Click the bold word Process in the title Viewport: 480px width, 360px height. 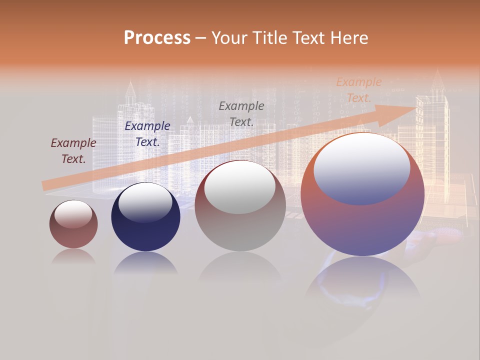pyautogui.click(x=157, y=38)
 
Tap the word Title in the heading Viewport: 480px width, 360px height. pyautogui.click(x=271, y=38)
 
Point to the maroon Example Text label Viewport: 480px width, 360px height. pyautogui.click(x=73, y=151)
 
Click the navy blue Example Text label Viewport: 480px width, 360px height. pyautogui.click(x=147, y=134)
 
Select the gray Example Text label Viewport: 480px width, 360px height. pyautogui.click(x=241, y=113)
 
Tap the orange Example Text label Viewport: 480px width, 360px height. pyautogui.click(x=358, y=90)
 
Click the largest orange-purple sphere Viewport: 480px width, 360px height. pyautogui.click(x=362, y=225)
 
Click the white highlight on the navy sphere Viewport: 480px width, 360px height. pyautogui.click(x=145, y=202)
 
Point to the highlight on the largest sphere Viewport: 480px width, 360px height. pyautogui.click(x=361, y=168)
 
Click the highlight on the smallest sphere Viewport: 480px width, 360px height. pyautogui.click(x=73, y=214)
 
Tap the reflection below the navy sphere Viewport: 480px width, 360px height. pyautogui.click(x=145, y=263)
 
